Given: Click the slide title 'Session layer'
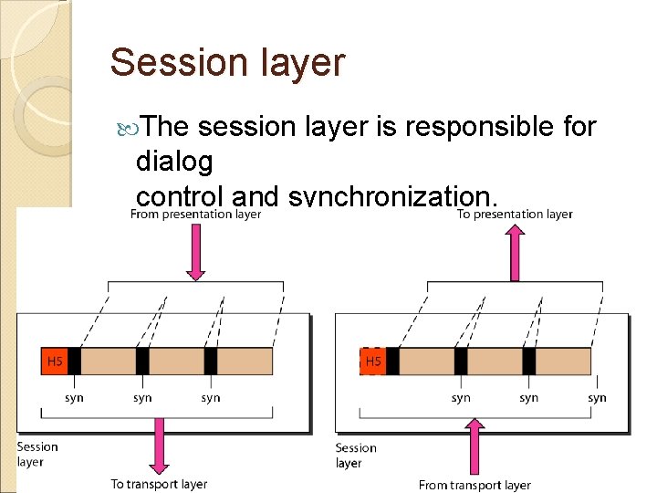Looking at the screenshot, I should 227,63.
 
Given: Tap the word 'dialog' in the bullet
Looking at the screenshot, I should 173,162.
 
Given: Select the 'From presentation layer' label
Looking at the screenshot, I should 195,215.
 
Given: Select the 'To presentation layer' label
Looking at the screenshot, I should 515,215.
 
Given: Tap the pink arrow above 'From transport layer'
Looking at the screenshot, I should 474,446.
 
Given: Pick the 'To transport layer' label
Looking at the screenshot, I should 159,484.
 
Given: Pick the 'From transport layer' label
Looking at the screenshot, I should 474,485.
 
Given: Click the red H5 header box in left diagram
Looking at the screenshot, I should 54,362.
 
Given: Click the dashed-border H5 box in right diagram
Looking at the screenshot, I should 373,362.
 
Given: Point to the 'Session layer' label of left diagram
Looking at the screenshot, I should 36,454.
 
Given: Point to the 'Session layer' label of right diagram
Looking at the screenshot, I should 356,456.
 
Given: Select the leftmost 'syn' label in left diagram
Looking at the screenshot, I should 74,397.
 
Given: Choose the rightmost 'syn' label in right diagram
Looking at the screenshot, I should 597,397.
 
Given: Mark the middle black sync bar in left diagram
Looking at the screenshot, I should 142,362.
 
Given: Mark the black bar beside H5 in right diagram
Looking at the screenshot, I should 392,362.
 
